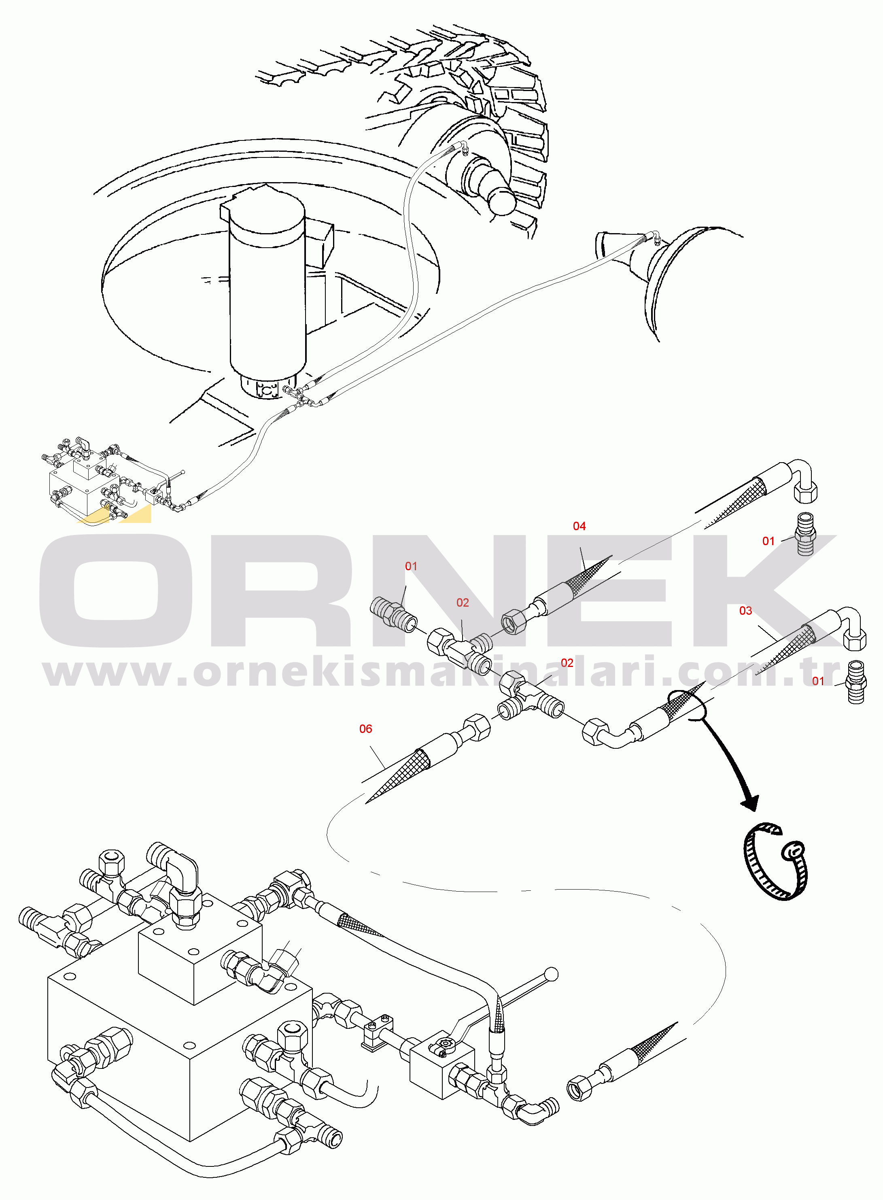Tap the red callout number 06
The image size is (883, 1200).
pyautogui.click(x=365, y=729)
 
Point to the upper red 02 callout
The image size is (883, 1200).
pyautogui.click(x=463, y=603)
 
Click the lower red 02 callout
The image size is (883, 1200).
pyautogui.click(x=567, y=663)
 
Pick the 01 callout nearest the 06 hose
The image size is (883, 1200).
pyautogui.click(x=411, y=567)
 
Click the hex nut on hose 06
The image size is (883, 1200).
pyautogui.click(x=476, y=727)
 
